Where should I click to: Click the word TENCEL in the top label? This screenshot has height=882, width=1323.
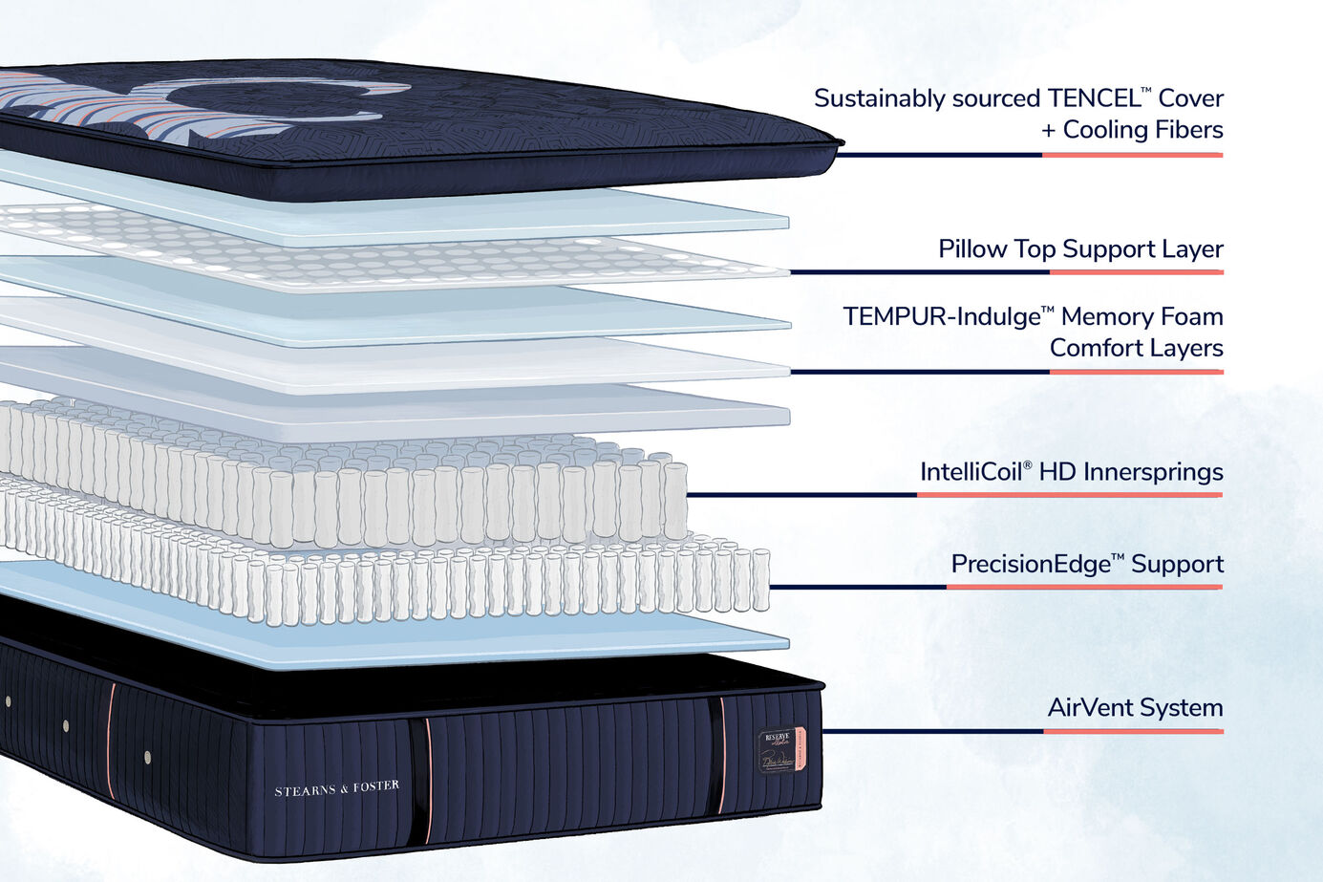(x=1092, y=98)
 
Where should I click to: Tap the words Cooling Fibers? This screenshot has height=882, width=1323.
(x=1142, y=130)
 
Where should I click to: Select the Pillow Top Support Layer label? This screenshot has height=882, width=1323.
(x=1080, y=249)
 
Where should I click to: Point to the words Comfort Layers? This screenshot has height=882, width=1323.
(x=1136, y=348)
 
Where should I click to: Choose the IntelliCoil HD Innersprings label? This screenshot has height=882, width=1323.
(x=1071, y=472)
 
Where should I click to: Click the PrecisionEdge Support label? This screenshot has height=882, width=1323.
(x=1086, y=564)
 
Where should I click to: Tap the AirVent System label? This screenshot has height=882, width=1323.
(x=1135, y=708)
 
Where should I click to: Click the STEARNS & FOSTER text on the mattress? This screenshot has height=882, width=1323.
(x=336, y=788)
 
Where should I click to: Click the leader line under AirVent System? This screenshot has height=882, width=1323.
(x=1022, y=731)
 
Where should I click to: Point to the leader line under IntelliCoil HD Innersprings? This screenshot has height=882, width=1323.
(x=955, y=495)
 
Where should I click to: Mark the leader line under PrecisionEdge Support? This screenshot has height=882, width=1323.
(x=993, y=587)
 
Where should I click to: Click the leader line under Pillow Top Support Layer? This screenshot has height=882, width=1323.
(x=1003, y=272)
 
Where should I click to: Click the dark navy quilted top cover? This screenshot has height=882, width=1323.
(x=478, y=134)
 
